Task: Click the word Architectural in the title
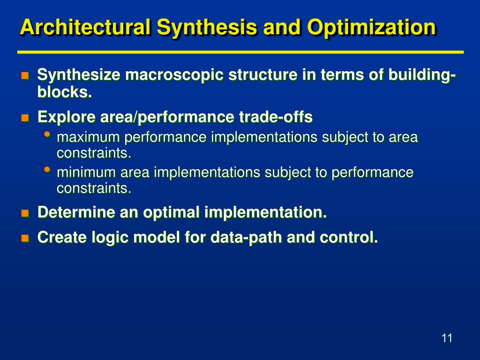pos(85,27)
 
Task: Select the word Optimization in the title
pos(371,27)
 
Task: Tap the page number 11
pos(447,338)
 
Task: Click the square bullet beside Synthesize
pos(25,75)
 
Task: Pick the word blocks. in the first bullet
pos(64,92)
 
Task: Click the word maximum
pos(88,137)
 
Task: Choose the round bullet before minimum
pos(47,170)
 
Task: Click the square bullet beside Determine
pos(25,213)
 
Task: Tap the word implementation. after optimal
pos(265,212)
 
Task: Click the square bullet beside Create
pos(25,238)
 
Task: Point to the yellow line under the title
pos(240,52)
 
